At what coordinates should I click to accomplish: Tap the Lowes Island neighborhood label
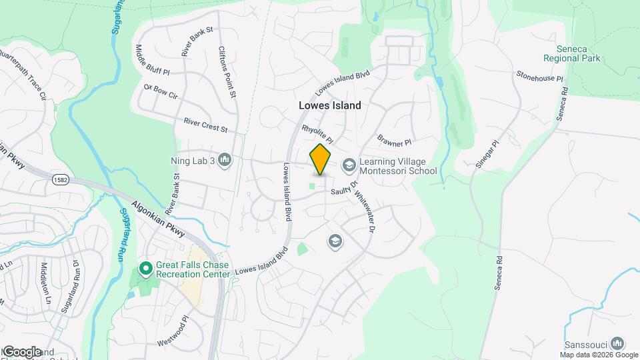pos(329,105)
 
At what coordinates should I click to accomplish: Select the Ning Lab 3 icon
pos(225,160)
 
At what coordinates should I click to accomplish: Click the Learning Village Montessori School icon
pos(349,165)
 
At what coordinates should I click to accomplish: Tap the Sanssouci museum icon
pos(617,343)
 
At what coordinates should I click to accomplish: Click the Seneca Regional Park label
pos(571,53)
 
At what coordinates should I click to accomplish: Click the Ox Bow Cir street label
pos(161,92)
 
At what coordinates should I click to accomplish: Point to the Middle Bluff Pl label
pos(153,60)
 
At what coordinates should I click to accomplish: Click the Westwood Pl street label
pos(174,337)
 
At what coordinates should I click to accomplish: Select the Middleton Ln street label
pos(45,283)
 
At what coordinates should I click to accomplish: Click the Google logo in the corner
pos(22,352)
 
